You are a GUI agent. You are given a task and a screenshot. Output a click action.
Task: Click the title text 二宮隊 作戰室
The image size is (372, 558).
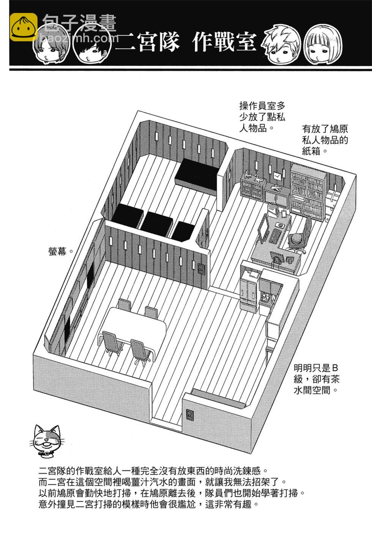186,42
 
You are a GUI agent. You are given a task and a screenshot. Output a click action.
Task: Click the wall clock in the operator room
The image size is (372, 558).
277,176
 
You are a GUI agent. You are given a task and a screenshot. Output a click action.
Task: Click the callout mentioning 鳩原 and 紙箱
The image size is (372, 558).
325,140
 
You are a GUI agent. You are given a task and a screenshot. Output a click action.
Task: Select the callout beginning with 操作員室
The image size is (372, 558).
262,117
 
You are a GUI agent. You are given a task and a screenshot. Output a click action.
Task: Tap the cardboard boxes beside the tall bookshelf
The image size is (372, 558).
333,201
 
